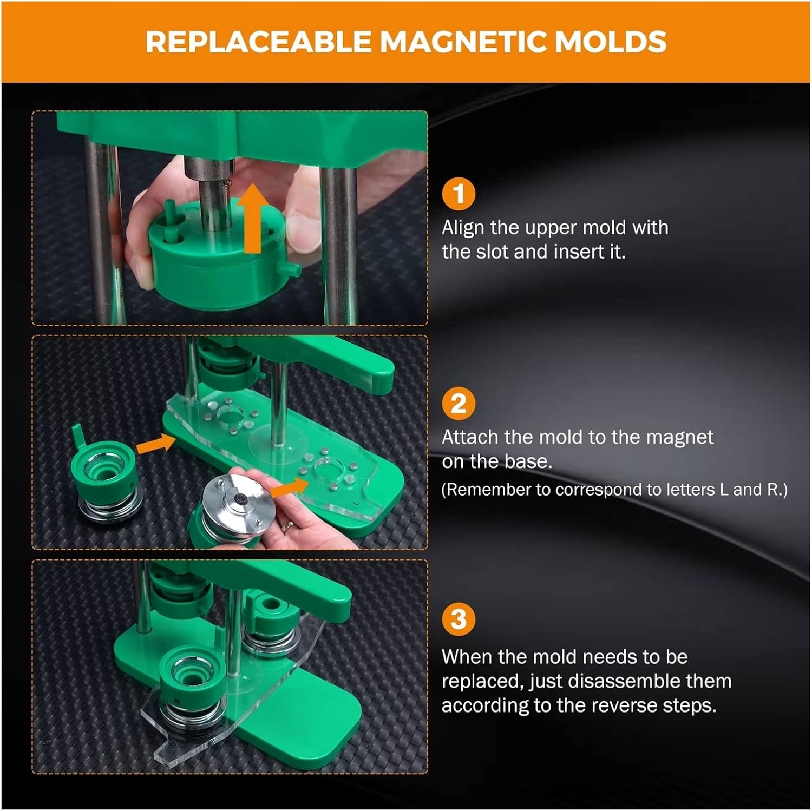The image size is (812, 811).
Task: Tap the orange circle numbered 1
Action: click(x=459, y=194)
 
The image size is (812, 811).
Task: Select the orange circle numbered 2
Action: click(x=459, y=404)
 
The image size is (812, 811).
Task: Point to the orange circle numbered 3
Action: click(x=459, y=619)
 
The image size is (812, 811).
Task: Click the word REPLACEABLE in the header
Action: click(x=259, y=42)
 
